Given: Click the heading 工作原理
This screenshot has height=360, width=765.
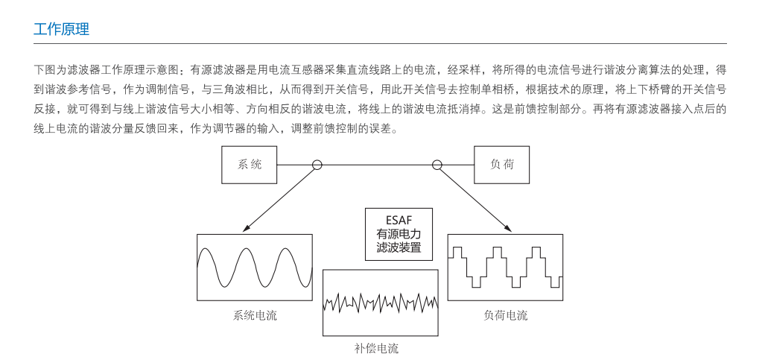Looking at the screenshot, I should [61, 30].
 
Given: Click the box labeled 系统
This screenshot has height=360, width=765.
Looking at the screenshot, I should [250, 165].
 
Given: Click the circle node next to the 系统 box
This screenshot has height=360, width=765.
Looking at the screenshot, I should [317, 165].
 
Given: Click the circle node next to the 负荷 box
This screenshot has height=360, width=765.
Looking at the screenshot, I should [437, 165].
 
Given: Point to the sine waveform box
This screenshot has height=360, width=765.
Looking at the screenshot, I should [254, 268].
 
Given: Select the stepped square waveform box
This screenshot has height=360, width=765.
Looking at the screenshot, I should [505, 267].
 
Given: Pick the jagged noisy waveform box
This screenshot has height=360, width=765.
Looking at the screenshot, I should [380, 302].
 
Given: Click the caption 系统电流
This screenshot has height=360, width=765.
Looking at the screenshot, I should [255, 315].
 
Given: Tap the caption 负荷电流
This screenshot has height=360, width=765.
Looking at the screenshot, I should [505, 315].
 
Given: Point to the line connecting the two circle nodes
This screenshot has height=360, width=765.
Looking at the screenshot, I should [376, 165].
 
